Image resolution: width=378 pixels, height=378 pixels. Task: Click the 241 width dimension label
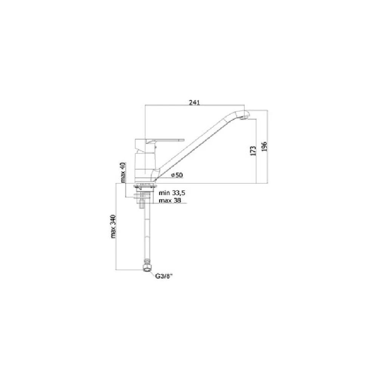click(x=194, y=102)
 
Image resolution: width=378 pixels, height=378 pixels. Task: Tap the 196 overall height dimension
click(x=265, y=147)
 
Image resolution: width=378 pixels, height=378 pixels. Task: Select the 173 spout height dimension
click(x=253, y=151)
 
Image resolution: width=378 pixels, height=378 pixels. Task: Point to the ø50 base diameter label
click(x=177, y=175)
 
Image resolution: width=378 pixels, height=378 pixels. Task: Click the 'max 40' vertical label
click(x=123, y=172)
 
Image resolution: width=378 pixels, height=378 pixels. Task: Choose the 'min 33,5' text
click(x=172, y=193)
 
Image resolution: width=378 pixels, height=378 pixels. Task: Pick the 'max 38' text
click(x=170, y=200)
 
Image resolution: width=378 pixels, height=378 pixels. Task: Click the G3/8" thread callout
click(x=164, y=277)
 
